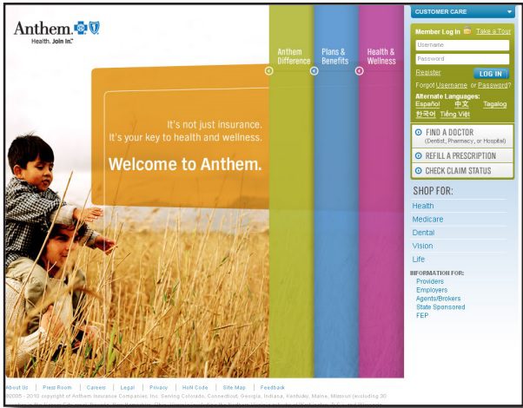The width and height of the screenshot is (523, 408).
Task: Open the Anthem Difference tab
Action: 289,56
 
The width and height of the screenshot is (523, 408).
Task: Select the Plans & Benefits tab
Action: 334,56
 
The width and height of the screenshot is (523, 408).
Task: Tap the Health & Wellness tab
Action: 381,56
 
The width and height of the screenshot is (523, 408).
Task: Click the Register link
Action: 428,73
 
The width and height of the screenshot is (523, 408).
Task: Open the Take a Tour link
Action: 493,31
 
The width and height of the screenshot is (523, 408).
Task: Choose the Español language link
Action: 427,104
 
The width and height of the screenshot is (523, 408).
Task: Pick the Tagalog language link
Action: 494,104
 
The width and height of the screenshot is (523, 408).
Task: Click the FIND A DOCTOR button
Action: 462,135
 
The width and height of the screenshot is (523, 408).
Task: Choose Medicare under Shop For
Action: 427,220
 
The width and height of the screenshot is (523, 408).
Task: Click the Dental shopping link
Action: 423,233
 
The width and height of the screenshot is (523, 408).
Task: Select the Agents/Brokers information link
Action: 439,299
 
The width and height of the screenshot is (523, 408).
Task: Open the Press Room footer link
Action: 57,387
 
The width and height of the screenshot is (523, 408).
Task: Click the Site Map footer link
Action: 234,387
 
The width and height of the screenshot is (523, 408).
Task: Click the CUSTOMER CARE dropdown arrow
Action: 509,12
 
